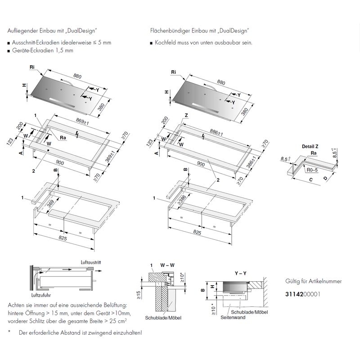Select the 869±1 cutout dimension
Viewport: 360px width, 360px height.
[82, 121]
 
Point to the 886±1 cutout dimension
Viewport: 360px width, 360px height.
[216, 132]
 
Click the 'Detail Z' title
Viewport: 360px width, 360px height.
[310, 147]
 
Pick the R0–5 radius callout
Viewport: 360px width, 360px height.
[312, 170]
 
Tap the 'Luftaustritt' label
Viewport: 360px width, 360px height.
[91, 262]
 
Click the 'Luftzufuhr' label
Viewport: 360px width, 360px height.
[41, 295]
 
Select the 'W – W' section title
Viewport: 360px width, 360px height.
[167, 265]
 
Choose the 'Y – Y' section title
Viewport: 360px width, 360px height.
[240, 273]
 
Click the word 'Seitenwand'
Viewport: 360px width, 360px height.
[233, 317]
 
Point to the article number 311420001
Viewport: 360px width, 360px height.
[302, 294]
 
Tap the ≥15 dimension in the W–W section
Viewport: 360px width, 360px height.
[139, 295]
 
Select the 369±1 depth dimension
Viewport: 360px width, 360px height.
[110, 157]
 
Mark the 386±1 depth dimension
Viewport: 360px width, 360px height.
[251, 162]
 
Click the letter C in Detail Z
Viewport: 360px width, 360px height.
[311, 180]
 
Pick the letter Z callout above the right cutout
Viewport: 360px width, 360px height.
[186, 115]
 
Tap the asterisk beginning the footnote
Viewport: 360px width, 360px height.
[9, 332]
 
